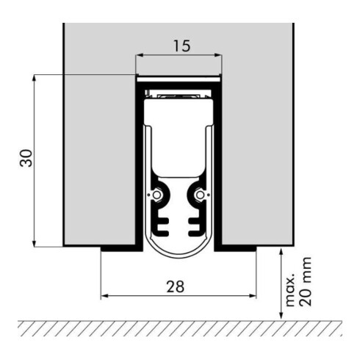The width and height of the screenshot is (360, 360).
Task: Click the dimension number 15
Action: click(x=179, y=46)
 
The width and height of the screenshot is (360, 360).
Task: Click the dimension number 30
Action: click(x=26, y=161)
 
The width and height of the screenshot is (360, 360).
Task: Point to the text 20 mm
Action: click(x=309, y=282)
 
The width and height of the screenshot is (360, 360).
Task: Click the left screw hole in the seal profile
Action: click(x=156, y=195)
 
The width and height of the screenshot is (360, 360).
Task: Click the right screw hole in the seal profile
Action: click(x=201, y=195)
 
